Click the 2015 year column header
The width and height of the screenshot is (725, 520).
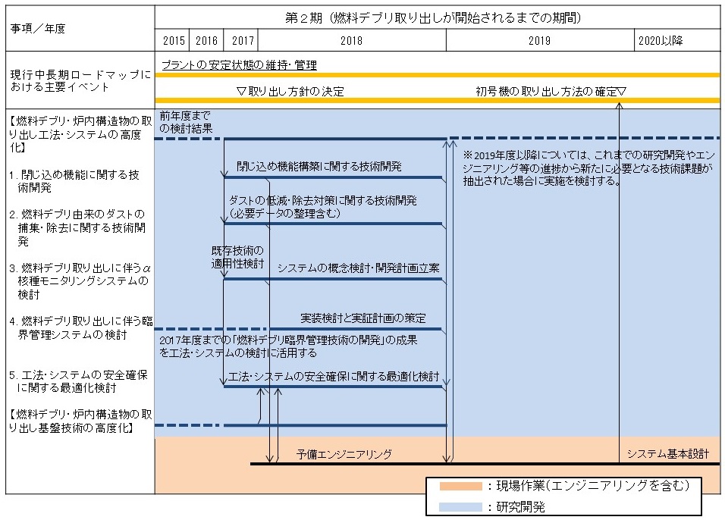pyautogui.click(x=174, y=41)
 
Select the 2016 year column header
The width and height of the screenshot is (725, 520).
pyautogui.click(x=206, y=41)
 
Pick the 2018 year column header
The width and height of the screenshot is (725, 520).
pyautogui.click(x=351, y=41)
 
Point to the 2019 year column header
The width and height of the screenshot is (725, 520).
pyautogui.click(x=540, y=41)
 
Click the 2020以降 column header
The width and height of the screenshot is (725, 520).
pyautogui.click(x=661, y=41)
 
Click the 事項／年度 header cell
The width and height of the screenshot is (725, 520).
pyautogui.click(x=38, y=29)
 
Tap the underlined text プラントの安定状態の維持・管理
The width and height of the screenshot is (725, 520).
pyautogui.click(x=240, y=65)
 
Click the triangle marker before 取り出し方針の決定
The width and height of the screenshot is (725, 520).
pyautogui.click(x=241, y=92)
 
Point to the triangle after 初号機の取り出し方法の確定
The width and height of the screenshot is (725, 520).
pyautogui.click(x=621, y=92)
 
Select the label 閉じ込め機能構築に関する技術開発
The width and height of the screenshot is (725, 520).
pyautogui.click(x=319, y=167)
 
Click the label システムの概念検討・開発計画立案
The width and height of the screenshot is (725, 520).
pyautogui.click(x=359, y=268)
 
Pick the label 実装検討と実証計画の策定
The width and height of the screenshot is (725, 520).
pyautogui.click(x=363, y=318)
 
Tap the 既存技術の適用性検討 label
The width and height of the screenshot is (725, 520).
pyautogui.click(x=237, y=257)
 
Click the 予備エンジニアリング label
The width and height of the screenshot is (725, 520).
pyautogui.click(x=344, y=454)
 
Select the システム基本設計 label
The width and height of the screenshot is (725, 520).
pyautogui.click(x=667, y=454)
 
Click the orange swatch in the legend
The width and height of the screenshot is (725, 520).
pyautogui.click(x=460, y=486)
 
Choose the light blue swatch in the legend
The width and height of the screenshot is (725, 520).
pyautogui.click(x=460, y=507)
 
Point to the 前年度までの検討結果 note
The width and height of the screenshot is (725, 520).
pyautogui.click(x=186, y=122)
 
